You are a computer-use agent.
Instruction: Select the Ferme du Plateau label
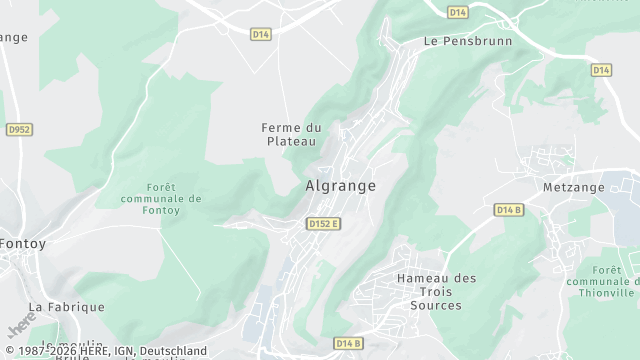291,134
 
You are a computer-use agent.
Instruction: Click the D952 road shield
19,129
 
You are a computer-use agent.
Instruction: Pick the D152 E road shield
323,223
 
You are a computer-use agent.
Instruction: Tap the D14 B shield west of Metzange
509,209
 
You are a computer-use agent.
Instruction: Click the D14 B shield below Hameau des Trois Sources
348,343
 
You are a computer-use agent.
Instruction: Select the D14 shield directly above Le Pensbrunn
458,12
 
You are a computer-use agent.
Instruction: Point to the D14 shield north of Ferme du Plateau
261,33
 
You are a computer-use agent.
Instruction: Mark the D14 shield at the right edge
601,70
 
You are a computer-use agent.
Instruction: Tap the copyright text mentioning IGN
104,351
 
